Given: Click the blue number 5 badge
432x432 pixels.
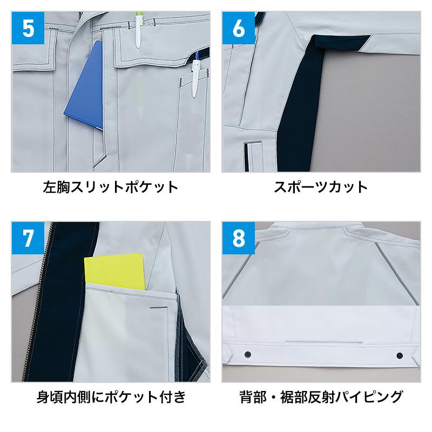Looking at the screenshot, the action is [28, 28].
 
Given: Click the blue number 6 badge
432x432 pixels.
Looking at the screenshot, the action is [239, 28].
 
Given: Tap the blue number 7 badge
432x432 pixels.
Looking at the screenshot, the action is [28, 238].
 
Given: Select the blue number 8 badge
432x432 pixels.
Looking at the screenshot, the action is [239, 238].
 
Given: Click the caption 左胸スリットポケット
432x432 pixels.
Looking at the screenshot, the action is [111, 187].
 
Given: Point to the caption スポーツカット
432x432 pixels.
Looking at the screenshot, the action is [321, 187].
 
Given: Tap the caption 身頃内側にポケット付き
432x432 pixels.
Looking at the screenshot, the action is [111, 397].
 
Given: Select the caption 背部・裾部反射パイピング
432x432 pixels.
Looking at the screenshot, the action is [321, 397].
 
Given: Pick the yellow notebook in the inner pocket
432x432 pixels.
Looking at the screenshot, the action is [115, 272].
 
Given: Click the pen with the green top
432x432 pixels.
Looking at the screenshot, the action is [139, 30].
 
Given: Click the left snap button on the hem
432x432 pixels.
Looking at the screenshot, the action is [248, 354].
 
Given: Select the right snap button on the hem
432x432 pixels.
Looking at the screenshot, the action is [400, 355].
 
